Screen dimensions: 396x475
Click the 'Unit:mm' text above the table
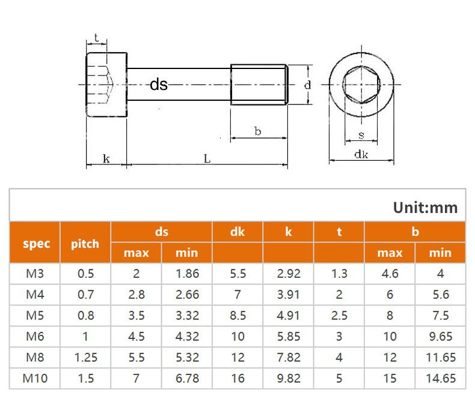tap(425, 208)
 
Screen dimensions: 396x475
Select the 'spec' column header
tap(35, 243)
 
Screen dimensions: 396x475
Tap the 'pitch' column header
tap(85, 243)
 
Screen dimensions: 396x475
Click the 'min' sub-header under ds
tap(186, 253)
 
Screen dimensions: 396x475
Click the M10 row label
tap(35, 378)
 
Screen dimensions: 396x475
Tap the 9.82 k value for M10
tap(288, 378)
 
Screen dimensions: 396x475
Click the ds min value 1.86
tap(186, 274)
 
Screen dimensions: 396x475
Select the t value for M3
tap(339, 274)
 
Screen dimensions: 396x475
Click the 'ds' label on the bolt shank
tap(159, 85)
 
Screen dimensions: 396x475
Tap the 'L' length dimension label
tap(206, 159)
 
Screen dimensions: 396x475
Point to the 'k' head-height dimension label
tap(106, 159)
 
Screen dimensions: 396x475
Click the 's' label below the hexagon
tap(361, 136)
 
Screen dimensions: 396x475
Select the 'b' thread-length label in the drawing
tap(257, 131)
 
